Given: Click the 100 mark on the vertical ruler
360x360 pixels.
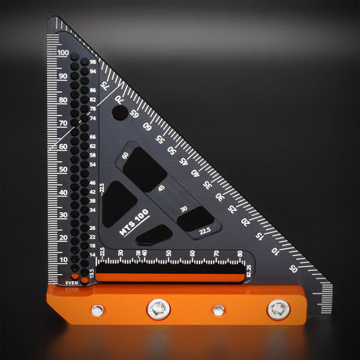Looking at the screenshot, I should (x=63, y=53).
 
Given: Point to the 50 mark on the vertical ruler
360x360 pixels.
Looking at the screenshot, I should (x=63, y=168).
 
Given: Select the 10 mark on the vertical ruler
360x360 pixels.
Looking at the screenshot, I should (x=63, y=260).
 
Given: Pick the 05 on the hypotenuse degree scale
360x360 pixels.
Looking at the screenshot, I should (x=293, y=268).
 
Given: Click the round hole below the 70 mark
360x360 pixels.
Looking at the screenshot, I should (x=119, y=113).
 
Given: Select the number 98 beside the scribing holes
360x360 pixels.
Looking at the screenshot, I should (x=93, y=62).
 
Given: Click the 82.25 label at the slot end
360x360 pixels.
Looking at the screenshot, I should (x=249, y=272).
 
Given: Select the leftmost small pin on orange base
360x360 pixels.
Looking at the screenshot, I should (x=97, y=310).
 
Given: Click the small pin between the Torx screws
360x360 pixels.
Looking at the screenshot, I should (x=218, y=310).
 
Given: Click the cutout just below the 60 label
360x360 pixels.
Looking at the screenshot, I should (x=145, y=167).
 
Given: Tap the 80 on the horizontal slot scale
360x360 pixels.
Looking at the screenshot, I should (x=239, y=254).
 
